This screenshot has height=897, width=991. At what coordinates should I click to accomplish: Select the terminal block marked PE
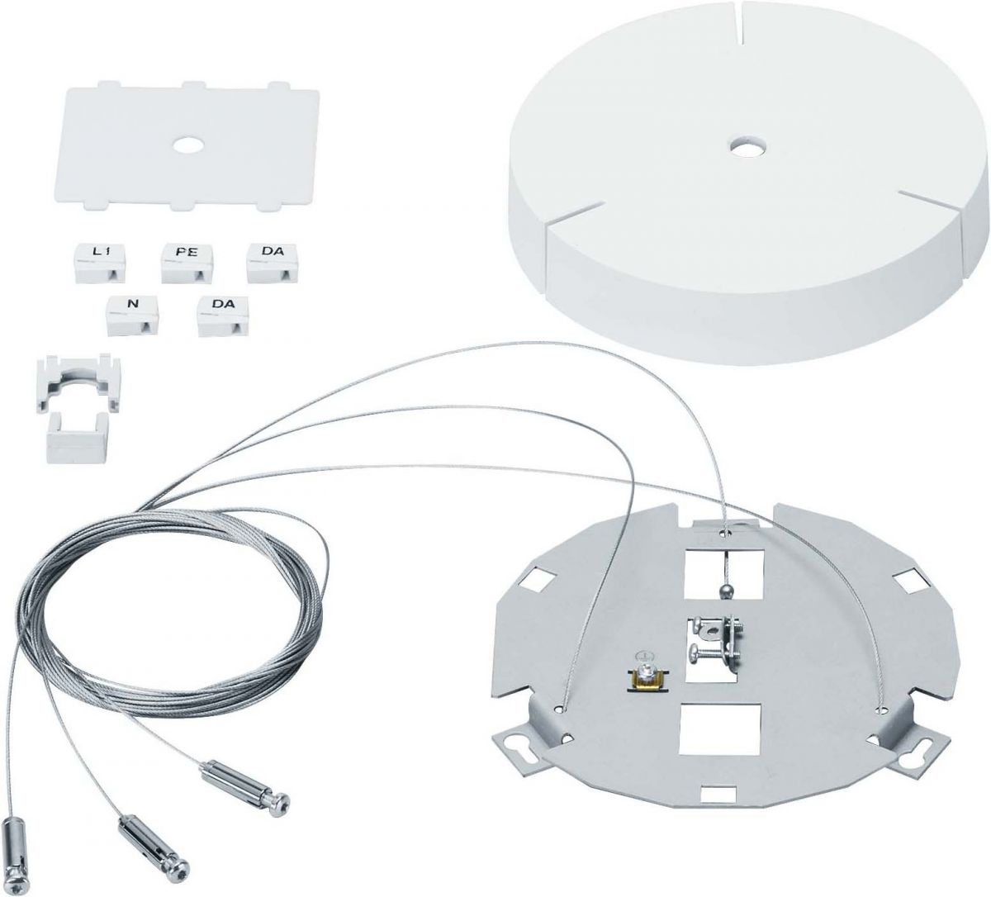pyautogui.click(x=187, y=263)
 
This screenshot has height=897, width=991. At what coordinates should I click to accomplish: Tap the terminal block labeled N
pyautogui.click(x=132, y=316)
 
